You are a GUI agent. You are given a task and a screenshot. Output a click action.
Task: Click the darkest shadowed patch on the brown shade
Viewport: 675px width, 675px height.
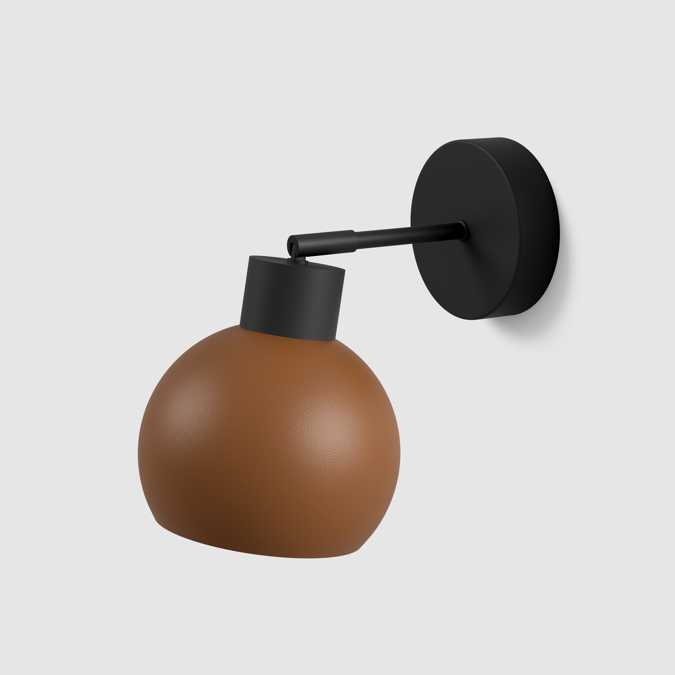tap(217, 531)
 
